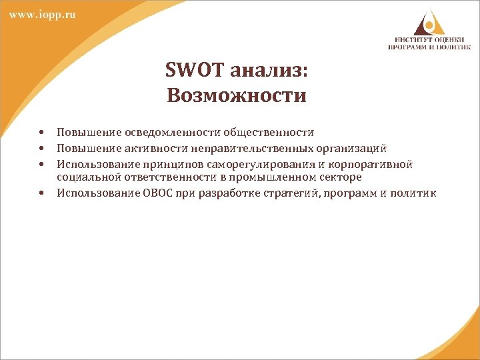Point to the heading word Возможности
(x=237, y=95)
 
